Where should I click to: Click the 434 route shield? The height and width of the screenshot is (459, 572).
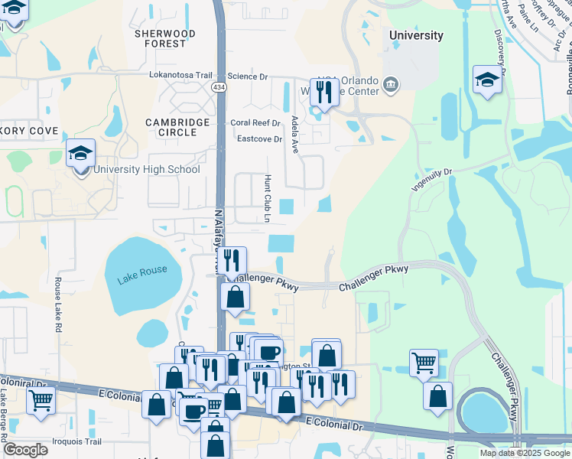pos(219,88)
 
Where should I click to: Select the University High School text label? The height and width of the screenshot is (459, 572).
pos(145,170)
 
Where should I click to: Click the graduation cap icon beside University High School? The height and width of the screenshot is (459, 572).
pos(80,154)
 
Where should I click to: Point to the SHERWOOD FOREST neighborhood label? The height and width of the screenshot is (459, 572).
pos(164,39)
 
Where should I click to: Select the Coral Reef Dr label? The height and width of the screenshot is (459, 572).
pos(256,122)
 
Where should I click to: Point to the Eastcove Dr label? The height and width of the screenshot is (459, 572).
pos(259,139)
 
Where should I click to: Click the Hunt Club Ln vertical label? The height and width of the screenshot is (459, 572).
pos(268,197)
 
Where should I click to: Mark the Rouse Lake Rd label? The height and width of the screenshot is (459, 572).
pos(57,304)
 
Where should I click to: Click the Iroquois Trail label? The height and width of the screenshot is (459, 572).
pos(76,441)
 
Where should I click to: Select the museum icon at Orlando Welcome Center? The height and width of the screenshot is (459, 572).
pos(391,83)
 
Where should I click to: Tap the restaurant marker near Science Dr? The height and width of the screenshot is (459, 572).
pos(323,93)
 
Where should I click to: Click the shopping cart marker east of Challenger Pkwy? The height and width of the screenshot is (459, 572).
pos(424,363)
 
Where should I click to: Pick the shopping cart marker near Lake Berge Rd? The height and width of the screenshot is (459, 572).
pos(41,399)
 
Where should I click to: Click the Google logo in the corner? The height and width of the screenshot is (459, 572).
pos(24,450)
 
